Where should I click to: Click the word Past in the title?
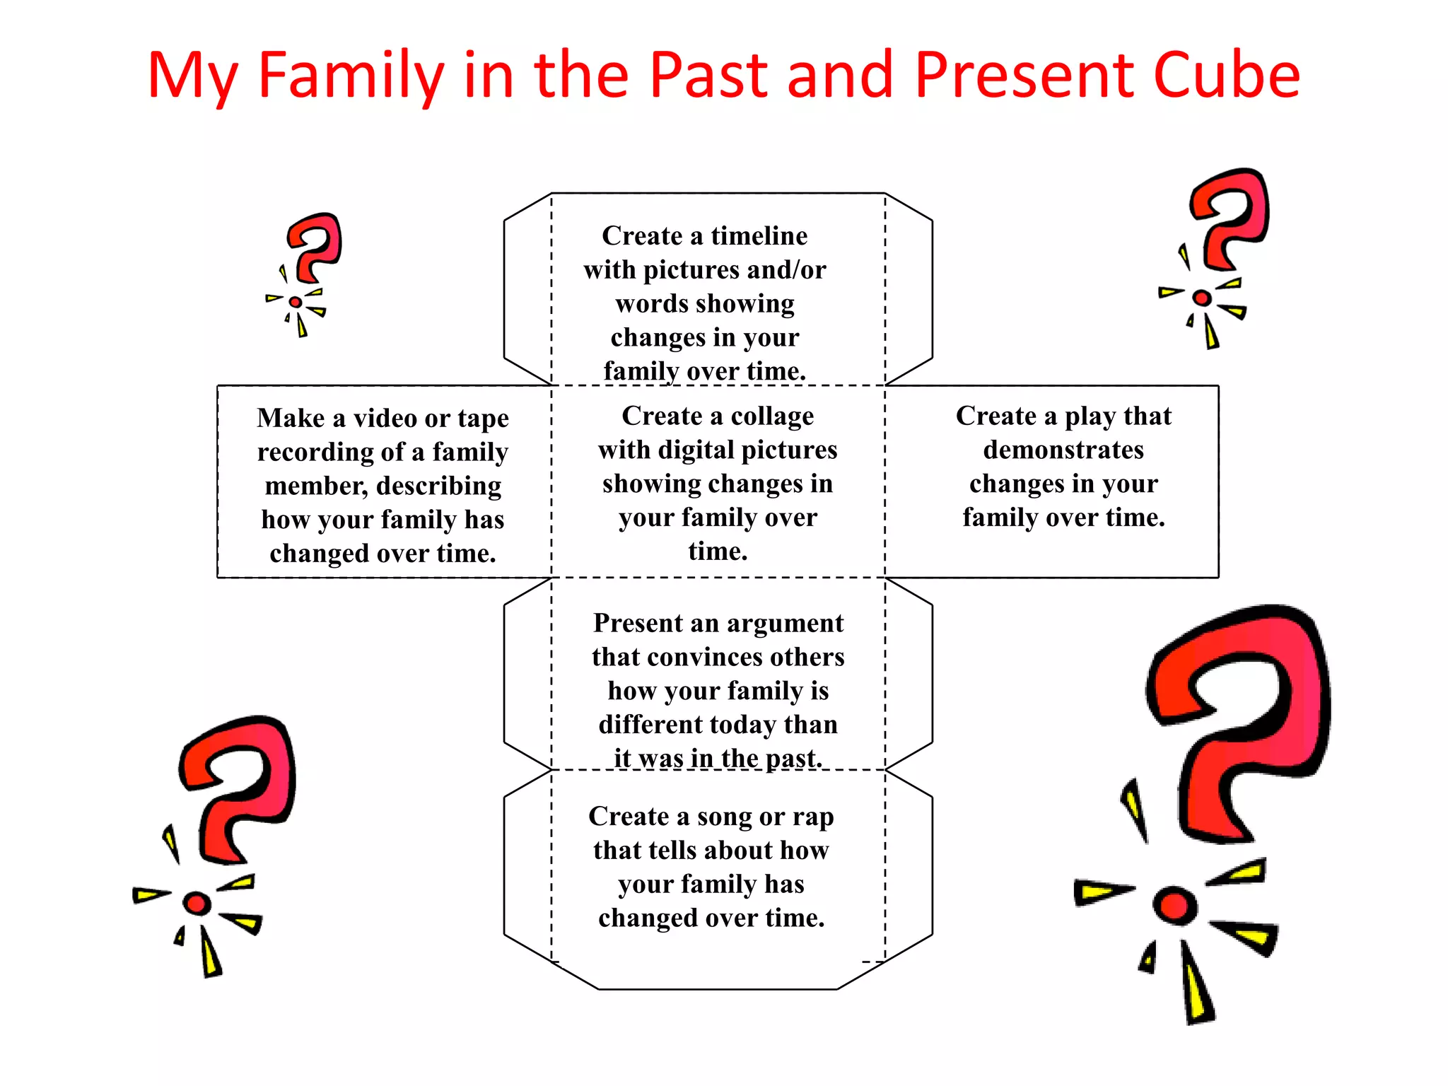(x=708, y=74)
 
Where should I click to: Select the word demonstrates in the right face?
(x=1063, y=450)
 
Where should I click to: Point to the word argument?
(x=785, y=623)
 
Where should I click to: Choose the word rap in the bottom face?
(x=813, y=817)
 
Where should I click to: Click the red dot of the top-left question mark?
(x=296, y=302)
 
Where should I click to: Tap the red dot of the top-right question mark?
(x=1201, y=298)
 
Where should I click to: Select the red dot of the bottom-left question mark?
(x=197, y=903)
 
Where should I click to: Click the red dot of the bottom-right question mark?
(x=1174, y=905)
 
